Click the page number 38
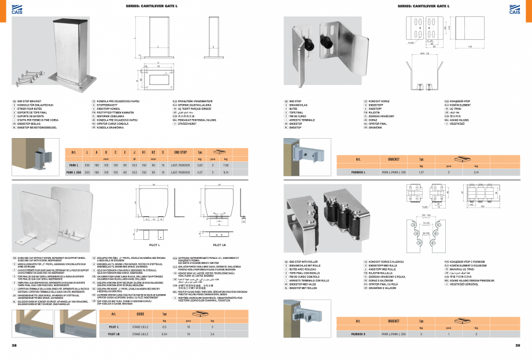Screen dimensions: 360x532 point(14,345)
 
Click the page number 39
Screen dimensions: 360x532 point(518,345)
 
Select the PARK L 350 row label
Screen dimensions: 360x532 point(73,172)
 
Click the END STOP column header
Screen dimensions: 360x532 point(180,151)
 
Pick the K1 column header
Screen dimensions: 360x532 point(142,151)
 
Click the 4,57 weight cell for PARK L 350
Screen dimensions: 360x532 point(199,172)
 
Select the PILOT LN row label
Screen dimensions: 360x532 point(114,334)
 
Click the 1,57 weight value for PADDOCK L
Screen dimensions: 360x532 point(420,172)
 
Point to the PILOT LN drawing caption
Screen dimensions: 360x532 point(219,244)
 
